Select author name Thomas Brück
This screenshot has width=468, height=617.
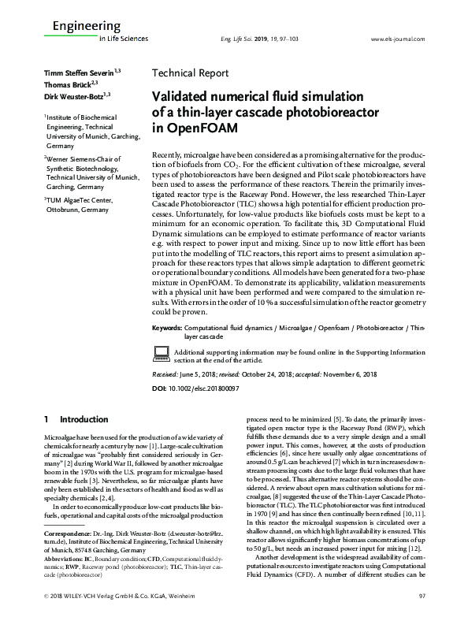click(x=66, y=83)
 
